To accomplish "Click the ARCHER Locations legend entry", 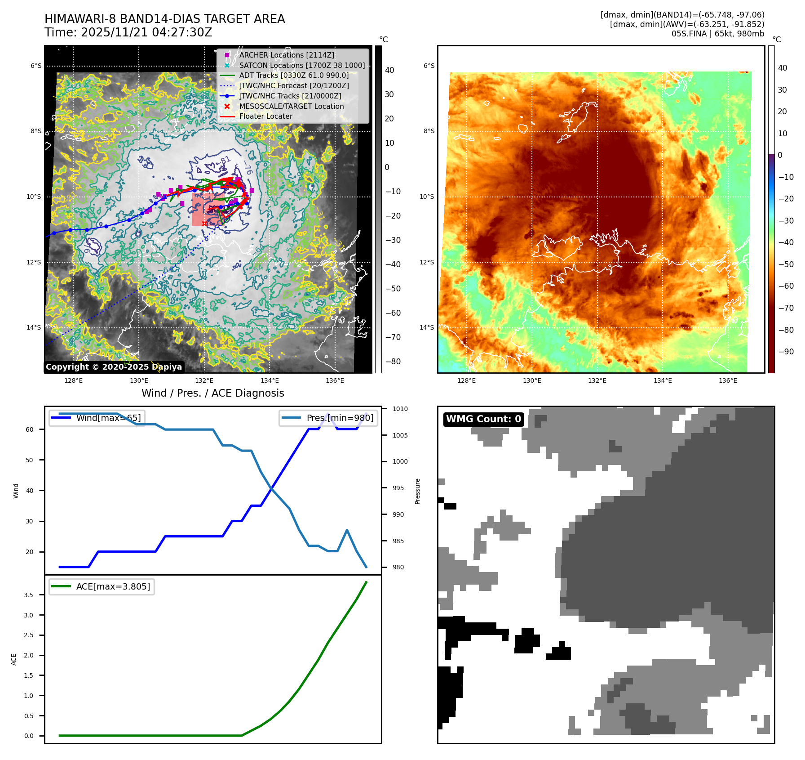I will [x=287, y=55].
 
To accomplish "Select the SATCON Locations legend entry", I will [x=302, y=65].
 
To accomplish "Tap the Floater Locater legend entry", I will [x=265, y=116].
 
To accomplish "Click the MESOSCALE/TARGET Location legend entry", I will [x=291, y=106].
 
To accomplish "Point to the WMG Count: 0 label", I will [x=483, y=419].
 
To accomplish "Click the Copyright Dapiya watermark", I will [x=114, y=367].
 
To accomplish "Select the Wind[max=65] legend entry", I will [x=108, y=418].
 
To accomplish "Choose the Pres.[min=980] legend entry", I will [x=340, y=418].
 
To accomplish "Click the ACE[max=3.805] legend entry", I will [x=113, y=586].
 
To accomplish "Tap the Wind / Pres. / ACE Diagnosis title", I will [x=212, y=393].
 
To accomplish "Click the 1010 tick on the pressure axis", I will [x=400, y=409].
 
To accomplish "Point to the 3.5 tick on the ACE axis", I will [x=28, y=595].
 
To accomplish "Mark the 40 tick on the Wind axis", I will [x=30, y=491].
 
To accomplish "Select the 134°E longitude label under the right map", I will [x=663, y=380].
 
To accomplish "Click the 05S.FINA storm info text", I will [x=717, y=34].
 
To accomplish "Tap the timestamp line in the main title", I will [x=128, y=32].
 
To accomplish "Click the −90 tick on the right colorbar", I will [x=786, y=352].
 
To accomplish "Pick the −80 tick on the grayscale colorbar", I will [x=393, y=362].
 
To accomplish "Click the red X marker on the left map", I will [x=204, y=224].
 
